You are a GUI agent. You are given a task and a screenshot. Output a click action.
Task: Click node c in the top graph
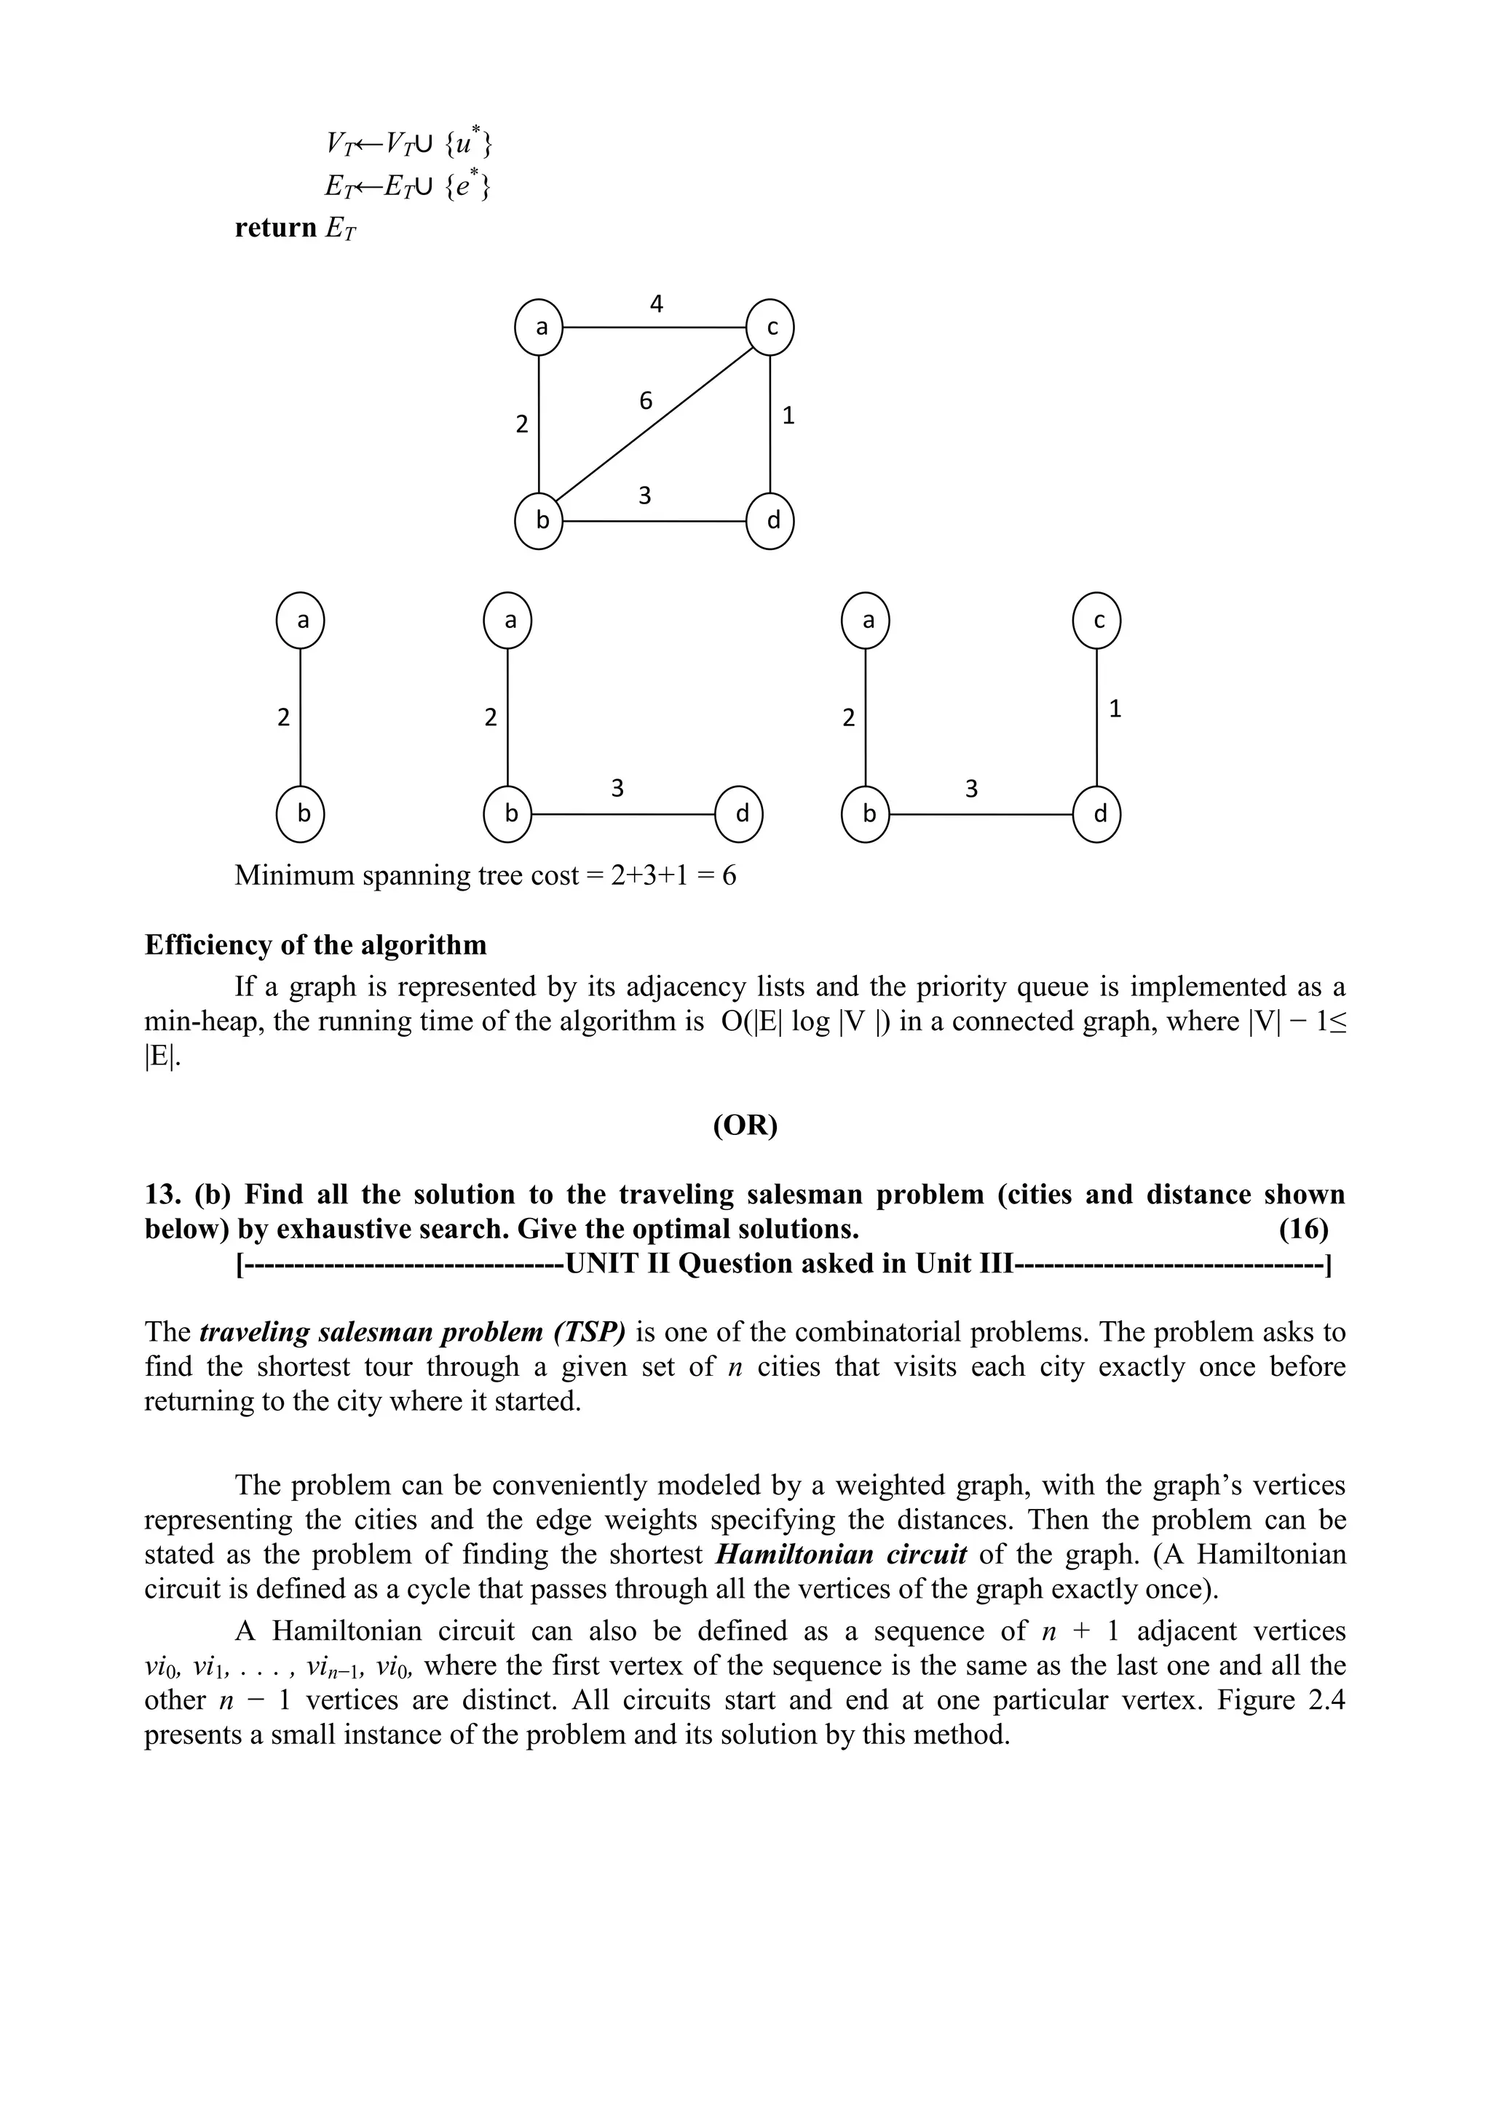(770, 327)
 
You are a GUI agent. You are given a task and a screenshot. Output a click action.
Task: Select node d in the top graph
(770, 521)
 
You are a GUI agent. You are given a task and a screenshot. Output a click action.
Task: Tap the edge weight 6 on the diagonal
(646, 401)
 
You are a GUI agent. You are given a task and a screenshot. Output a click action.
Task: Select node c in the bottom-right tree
(1097, 621)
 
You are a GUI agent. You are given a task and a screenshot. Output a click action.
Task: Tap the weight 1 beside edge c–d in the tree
(1115, 709)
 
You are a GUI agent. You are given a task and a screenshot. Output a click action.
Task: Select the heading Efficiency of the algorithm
(316, 944)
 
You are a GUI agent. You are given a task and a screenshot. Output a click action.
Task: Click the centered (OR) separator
(745, 1125)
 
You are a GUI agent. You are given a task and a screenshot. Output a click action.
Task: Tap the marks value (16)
(1302, 1229)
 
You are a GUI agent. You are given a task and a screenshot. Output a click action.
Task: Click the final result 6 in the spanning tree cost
(729, 875)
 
